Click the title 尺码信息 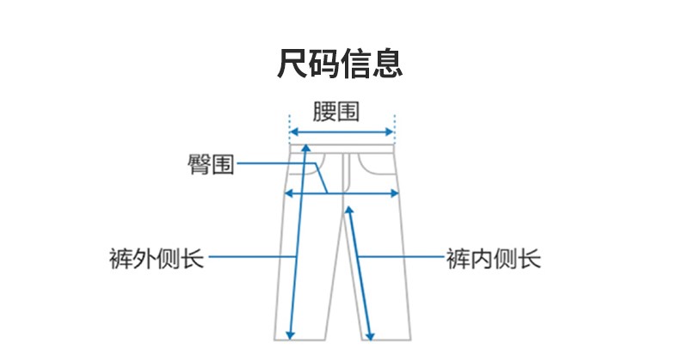pyautogui.click(x=339, y=64)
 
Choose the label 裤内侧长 pyautogui.click(x=494, y=258)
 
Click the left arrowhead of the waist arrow pyautogui.click(x=291, y=132)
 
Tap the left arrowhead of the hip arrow pyautogui.click(x=289, y=193)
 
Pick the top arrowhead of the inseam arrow pyautogui.click(x=348, y=209)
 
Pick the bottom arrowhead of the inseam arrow pyautogui.click(x=371, y=336)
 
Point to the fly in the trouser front pyautogui.click(x=347, y=172)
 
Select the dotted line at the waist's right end pyautogui.click(x=394, y=129)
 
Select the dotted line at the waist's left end pyautogui.click(x=287, y=129)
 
